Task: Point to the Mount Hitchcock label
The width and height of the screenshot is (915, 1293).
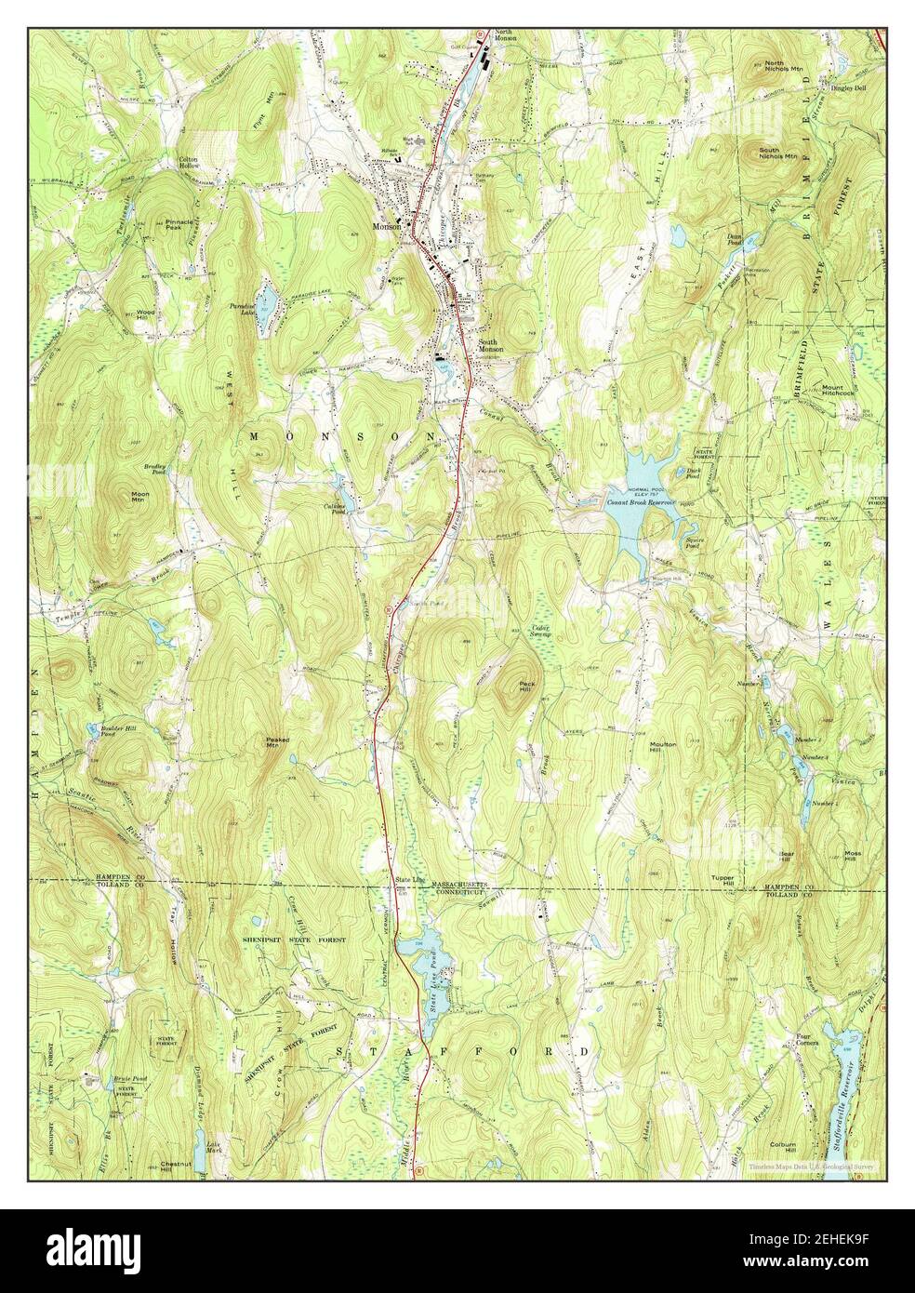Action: (x=837, y=390)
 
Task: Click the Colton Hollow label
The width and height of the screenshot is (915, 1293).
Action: (x=192, y=163)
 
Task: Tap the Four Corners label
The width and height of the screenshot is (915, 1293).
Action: (x=809, y=1039)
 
